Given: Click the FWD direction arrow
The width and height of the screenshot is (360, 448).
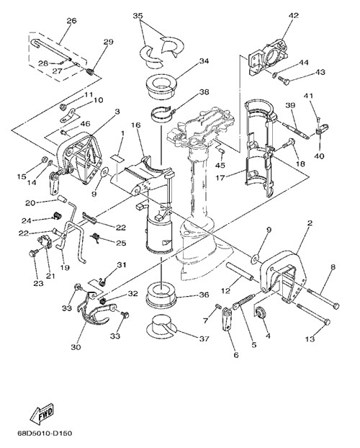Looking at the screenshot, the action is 42,413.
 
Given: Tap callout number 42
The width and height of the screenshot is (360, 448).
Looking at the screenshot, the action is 294,15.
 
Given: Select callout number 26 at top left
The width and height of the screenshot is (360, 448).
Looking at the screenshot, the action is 71,21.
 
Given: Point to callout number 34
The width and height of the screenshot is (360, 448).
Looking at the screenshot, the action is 204,61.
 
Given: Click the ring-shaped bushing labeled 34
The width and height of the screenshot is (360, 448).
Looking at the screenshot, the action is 161,87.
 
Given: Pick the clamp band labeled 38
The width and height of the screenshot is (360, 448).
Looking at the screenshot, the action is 162,115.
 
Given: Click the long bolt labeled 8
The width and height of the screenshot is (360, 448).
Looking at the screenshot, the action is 323,298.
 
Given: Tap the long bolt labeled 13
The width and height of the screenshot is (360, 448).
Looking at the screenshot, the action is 313,314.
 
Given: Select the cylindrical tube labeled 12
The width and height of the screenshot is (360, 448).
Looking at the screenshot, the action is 240,271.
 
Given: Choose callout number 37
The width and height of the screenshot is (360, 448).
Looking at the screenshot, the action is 204,339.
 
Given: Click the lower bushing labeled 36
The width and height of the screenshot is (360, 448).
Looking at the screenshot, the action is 161,295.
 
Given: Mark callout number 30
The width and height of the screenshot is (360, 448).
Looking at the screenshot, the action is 76,347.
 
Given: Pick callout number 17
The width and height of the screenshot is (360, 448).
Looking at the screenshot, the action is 220,178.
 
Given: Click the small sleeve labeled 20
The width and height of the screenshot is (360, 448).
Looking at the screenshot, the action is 63,199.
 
